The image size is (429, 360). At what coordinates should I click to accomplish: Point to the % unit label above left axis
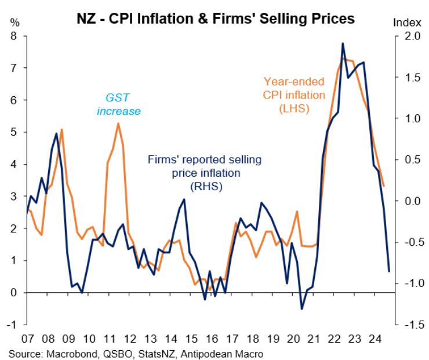[14, 23]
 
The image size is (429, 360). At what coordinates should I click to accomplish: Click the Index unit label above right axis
[408, 23]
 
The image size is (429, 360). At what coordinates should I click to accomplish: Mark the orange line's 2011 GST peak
[118, 123]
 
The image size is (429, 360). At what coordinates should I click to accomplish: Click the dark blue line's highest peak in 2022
[343, 43]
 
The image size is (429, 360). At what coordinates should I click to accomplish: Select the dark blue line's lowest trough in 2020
[302, 308]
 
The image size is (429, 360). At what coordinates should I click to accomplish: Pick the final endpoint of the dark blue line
[389, 271]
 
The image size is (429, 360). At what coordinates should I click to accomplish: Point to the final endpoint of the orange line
[384, 186]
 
